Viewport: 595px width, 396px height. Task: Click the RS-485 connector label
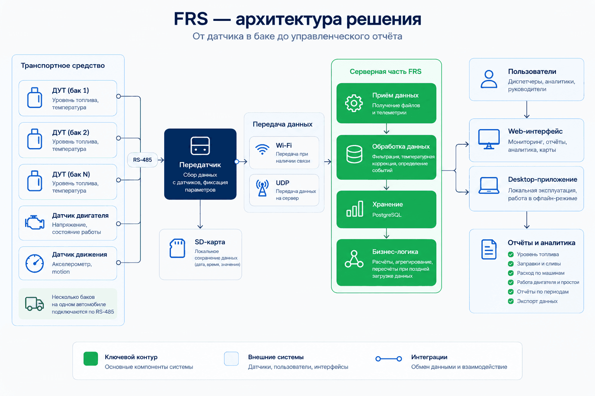(x=143, y=160)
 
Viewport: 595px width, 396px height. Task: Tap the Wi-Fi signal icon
(x=262, y=149)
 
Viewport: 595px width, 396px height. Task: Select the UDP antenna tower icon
(x=262, y=188)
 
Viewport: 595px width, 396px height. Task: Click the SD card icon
(x=177, y=248)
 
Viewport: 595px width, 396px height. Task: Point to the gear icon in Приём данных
(x=354, y=103)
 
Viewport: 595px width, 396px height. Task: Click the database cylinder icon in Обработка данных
(x=354, y=154)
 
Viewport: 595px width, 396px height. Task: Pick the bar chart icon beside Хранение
(x=354, y=209)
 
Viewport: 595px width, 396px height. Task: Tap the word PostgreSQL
(x=387, y=215)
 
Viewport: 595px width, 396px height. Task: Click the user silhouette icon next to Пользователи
(x=489, y=79)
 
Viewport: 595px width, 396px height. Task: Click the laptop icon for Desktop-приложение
(x=489, y=186)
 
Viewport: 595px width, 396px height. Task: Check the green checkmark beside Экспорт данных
(x=511, y=301)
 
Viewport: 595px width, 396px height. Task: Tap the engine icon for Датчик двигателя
(x=34, y=222)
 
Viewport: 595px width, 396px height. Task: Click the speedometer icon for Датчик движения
(x=34, y=263)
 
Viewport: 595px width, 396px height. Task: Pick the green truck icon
(x=34, y=304)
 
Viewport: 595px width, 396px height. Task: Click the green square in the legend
(x=91, y=358)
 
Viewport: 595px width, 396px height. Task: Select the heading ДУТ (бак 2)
(x=71, y=132)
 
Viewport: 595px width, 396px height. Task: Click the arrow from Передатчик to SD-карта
(x=200, y=214)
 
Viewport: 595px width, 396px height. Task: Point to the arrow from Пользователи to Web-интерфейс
(x=527, y=109)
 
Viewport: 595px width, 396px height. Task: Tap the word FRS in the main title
(x=191, y=19)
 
